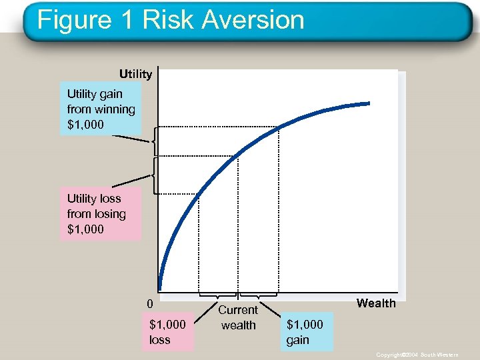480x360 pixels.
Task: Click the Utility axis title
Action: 135,73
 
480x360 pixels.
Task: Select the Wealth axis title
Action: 376,303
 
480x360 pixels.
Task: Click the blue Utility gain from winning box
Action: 101,109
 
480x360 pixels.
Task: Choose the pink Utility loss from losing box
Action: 101,213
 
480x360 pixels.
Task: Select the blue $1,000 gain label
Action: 305,332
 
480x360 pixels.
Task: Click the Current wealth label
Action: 238,318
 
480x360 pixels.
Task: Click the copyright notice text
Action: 417,355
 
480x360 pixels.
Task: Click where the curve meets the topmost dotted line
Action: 279,126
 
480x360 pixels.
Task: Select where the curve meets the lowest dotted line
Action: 199,193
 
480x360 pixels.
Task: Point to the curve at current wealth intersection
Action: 238,156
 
